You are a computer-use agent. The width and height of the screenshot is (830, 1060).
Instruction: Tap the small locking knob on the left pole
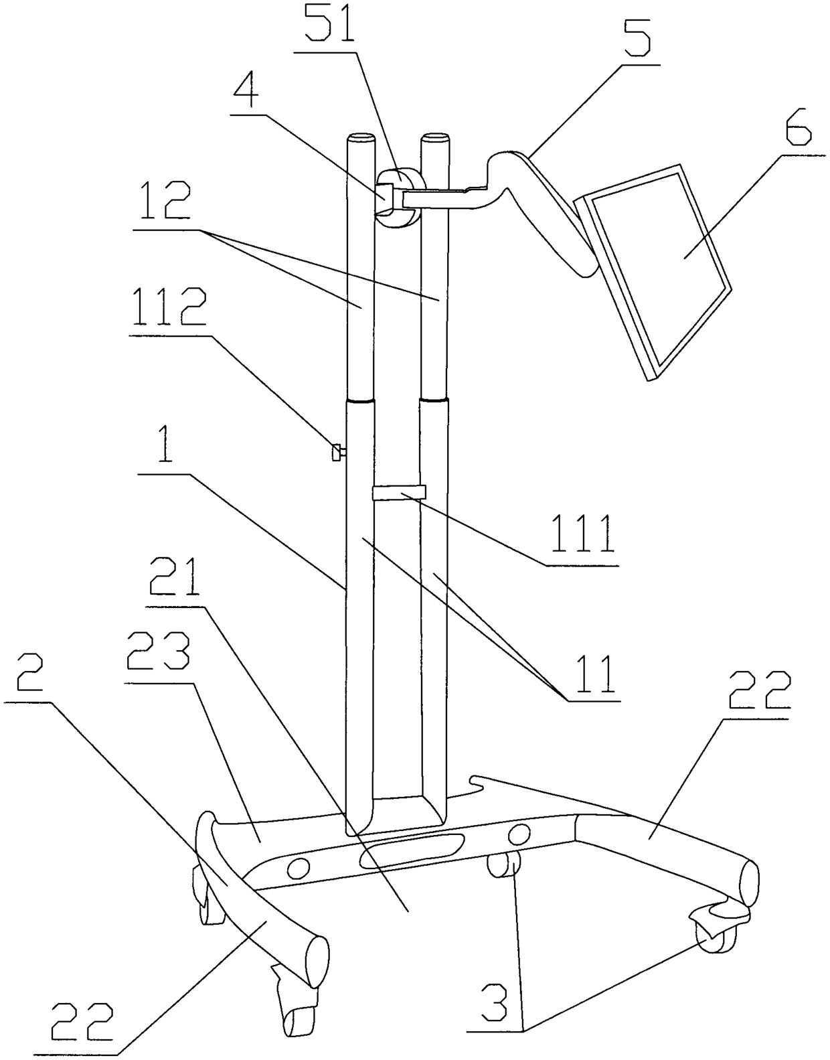point(337,453)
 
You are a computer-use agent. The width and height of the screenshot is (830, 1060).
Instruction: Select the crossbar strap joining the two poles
point(398,493)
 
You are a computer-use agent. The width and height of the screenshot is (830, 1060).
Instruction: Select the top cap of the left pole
point(361,140)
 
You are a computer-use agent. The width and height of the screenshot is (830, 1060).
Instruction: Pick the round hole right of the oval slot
point(518,834)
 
